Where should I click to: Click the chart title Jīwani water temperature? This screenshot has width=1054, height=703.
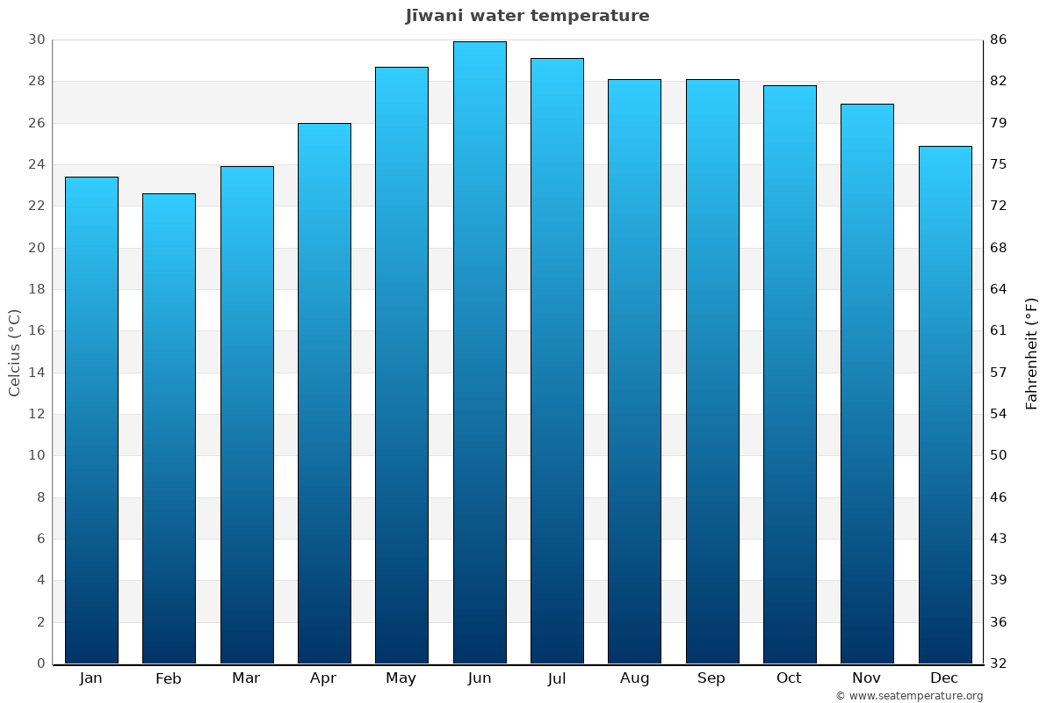(x=527, y=16)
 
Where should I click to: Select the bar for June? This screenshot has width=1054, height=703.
(x=480, y=351)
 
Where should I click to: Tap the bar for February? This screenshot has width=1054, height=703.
(x=169, y=428)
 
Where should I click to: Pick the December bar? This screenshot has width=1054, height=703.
(x=945, y=404)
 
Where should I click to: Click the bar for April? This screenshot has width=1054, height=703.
(x=324, y=393)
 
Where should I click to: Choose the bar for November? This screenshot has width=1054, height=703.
(x=867, y=383)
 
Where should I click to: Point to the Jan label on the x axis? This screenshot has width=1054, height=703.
(x=91, y=678)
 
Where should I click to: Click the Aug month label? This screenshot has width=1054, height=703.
(x=634, y=678)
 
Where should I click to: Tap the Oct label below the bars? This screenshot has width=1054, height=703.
(x=789, y=678)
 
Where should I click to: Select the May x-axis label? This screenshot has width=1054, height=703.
(x=401, y=678)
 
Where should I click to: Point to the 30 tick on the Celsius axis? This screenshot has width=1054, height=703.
(x=36, y=40)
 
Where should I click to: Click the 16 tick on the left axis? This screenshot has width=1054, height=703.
(x=36, y=331)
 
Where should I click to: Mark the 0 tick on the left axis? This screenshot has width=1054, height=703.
(x=40, y=663)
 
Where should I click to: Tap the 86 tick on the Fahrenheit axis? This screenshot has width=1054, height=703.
(x=999, y=40)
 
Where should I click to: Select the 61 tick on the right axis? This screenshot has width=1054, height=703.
(x=999, y=331)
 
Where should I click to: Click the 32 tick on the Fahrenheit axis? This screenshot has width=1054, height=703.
(x=999, y=663)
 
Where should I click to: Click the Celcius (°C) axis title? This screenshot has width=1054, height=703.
(x=15, y=351)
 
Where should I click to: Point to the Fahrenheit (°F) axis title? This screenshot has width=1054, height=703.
(x=1032, y=352)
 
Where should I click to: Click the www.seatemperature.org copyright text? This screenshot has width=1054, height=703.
(x=909, y=696)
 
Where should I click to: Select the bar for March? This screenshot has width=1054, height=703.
(x=247, y=415)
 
